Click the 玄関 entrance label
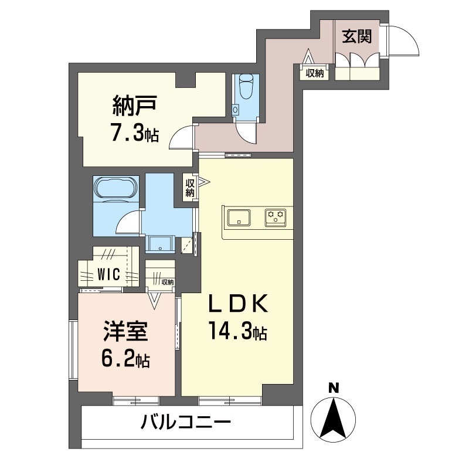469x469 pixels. [356, 36]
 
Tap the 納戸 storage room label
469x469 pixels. [134, 107]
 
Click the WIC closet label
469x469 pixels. [109, 274]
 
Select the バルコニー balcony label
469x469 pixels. [186, 421]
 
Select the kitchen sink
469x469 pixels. [239, 216]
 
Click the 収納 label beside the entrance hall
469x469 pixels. [315, 73]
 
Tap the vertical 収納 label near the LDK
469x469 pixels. [190, 188]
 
